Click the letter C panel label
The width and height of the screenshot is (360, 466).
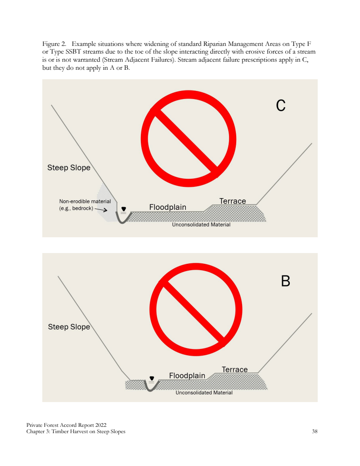click(x=281, y=105)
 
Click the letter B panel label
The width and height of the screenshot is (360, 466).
click(x=285, y=281)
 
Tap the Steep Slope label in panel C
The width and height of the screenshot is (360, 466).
click(x=69, y=167)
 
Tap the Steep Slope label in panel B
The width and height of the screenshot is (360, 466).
click(x=69, y=327)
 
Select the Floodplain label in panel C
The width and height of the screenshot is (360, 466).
click(x=168, y=207)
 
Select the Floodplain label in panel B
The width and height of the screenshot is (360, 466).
click(x=187, y=376)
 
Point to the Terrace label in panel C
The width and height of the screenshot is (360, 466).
click(x=233, y=201)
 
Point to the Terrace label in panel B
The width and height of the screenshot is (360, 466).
click(x=234, y=369)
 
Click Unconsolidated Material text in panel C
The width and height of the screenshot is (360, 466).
click(x=201, y=225)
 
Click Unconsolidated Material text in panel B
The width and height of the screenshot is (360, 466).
click(x=204, y=393)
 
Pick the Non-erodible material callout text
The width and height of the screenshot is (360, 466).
click(x=85, y=205)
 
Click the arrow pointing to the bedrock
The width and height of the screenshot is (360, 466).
click(x=101, y=209)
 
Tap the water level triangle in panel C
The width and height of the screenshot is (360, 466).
click(x=124, y=209)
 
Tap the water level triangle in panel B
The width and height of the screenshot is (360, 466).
click(x=152, y=378)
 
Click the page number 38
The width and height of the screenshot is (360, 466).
click(x=315, y=431)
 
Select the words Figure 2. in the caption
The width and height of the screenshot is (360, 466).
click(x=54, y=44)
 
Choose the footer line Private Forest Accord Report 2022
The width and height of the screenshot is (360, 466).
click(x=66, y=425)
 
